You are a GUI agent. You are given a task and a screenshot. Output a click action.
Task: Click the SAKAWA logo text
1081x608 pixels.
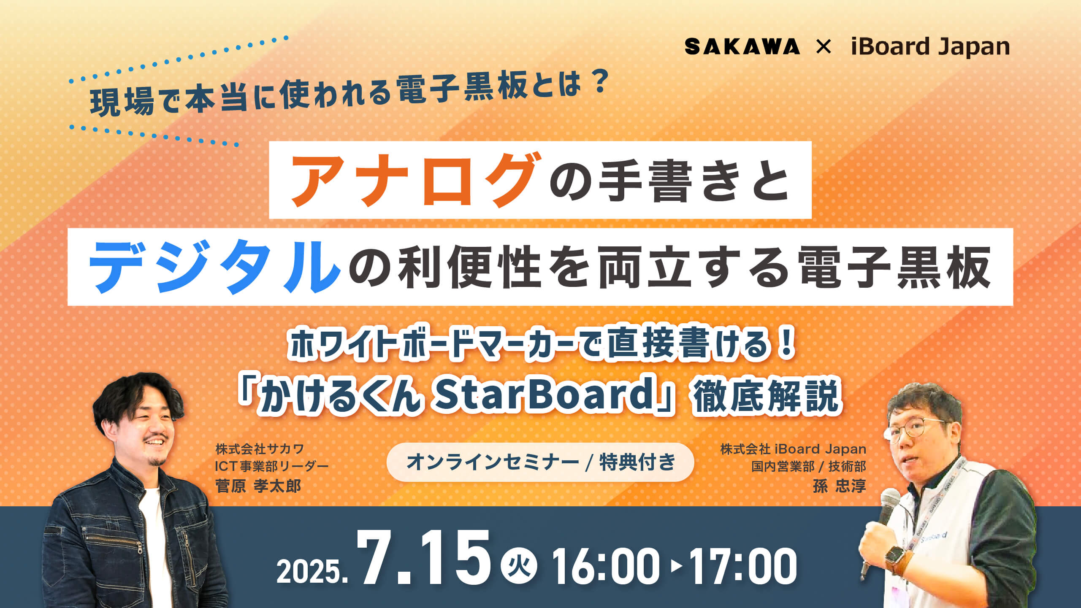742,46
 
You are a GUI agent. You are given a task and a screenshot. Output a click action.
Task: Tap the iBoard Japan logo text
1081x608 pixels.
930,47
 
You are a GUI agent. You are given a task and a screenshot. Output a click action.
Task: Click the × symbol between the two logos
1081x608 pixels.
824,46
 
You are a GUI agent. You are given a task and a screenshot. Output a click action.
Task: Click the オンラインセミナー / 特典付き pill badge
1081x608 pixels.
540,462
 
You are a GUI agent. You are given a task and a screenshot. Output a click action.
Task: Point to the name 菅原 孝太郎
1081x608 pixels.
258,486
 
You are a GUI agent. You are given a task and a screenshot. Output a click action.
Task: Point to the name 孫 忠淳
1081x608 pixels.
839,486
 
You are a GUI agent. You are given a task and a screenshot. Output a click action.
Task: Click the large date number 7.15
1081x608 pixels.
424,559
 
